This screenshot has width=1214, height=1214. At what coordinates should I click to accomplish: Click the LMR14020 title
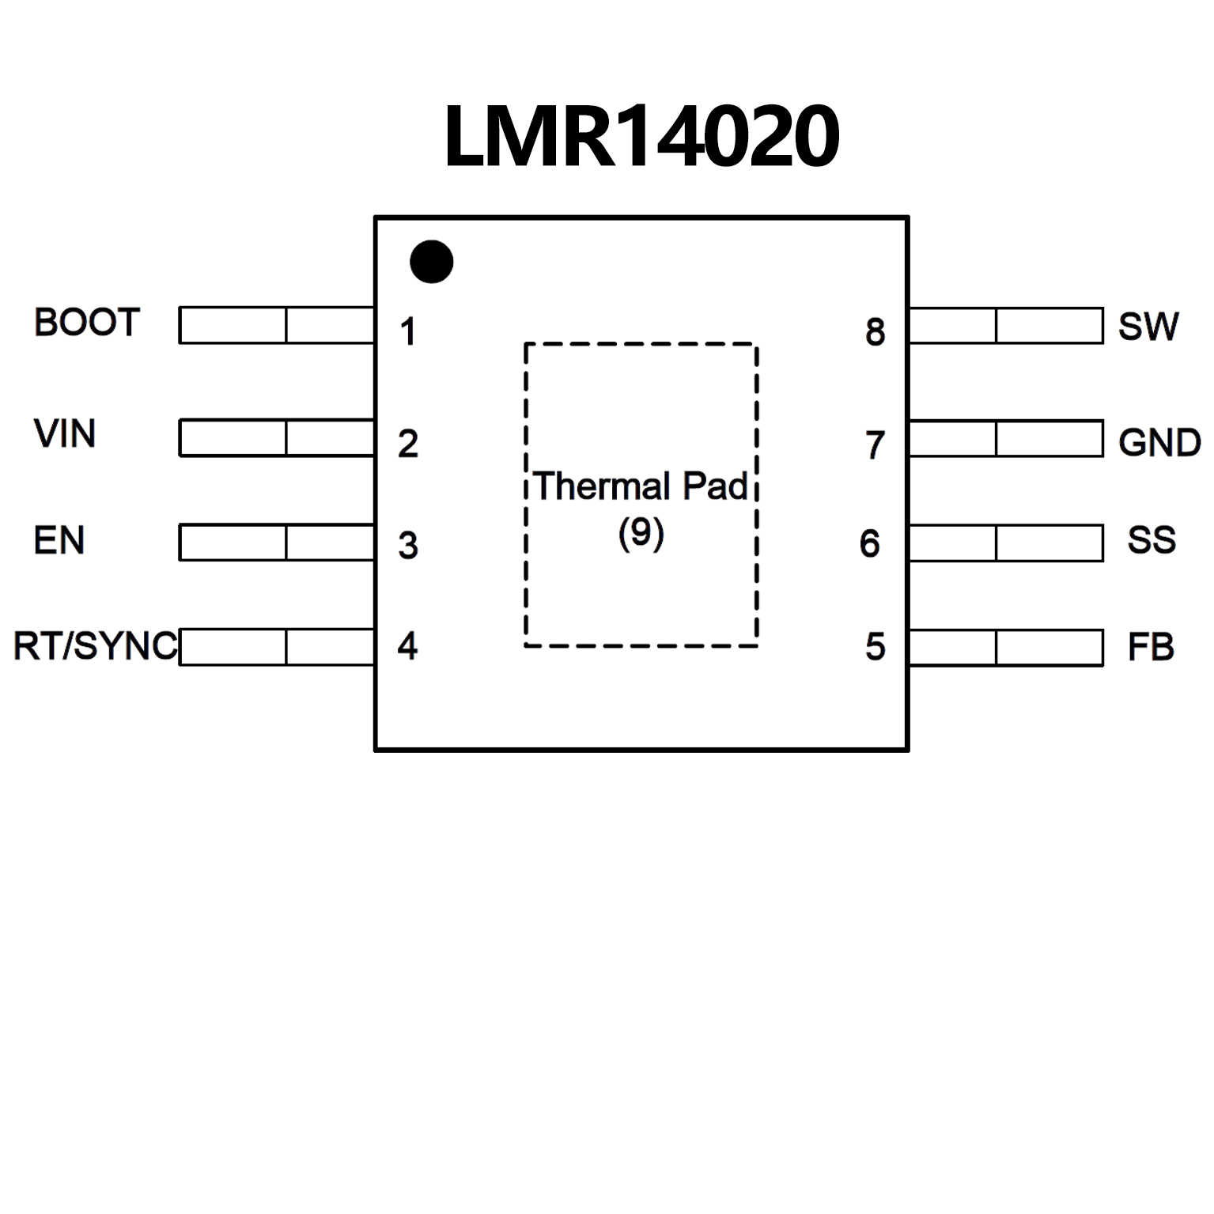(x=641, y=137)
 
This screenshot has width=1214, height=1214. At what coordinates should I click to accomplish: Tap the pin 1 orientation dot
(x=432, y=262)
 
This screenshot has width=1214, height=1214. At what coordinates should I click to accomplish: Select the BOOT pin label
(x=87, y=323)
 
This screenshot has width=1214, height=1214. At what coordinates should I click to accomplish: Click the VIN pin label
(x=65, y=434)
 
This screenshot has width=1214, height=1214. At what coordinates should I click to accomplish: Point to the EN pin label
(x=59, y=541)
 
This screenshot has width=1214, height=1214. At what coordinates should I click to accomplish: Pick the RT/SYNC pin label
(x=96, y=646)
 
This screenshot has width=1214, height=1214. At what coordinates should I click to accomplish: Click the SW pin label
(x=1148, y=327)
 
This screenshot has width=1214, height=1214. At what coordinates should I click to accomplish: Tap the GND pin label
(x=1159, y=443)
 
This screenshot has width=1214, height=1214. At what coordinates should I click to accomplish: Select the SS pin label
(x=1152, y=540)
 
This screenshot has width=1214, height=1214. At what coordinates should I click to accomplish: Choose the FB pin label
(x=1151, y=648)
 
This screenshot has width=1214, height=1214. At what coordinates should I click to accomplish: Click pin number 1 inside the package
(x=408, y=332)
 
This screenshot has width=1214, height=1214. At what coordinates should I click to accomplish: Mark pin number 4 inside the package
(x=407, y=646)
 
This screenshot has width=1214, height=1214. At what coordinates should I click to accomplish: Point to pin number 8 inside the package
(x=875, y=332)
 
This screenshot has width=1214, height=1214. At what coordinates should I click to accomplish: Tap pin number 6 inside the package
(x=870, y=543)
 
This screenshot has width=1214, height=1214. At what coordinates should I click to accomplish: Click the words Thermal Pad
(x=641, y=486)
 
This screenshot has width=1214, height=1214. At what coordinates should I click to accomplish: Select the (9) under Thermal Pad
(x=641, y=533)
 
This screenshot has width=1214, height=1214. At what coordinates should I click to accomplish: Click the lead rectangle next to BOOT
(x=277, y=325)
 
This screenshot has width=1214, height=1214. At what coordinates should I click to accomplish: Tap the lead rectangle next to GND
(x=1006, y=439)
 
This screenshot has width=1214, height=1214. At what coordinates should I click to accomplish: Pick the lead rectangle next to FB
(x=1006, y=648)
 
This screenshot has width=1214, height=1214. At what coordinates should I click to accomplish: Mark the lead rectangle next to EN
(x=277, y=543)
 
